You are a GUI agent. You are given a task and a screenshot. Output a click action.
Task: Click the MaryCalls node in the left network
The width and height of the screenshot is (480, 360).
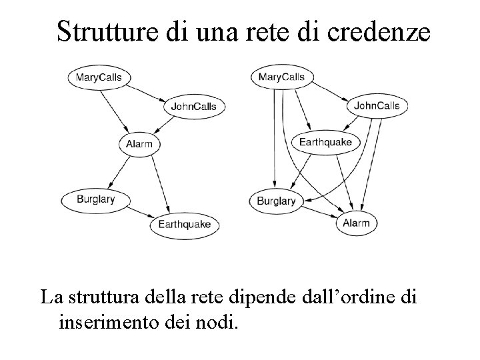pos(99,77)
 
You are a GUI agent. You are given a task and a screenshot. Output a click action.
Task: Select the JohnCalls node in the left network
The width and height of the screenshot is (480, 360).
pos(194,107)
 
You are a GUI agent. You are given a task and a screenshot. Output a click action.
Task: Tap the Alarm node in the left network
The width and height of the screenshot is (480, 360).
pos(139,144)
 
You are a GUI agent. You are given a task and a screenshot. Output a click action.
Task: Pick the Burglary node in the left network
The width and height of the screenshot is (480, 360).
pos(95,199)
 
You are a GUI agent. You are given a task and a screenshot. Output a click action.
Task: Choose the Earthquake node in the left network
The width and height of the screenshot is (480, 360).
pos(184,224)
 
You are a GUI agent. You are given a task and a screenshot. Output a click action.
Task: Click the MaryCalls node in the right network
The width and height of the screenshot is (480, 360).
pos(281,77)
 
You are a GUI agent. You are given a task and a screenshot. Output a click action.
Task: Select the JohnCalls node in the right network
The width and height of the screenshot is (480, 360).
pos(377,105)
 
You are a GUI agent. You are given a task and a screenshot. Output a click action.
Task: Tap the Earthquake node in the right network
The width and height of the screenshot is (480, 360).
pos(325,142)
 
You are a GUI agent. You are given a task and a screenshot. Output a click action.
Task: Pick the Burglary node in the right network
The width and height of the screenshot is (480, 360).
pos(276,200)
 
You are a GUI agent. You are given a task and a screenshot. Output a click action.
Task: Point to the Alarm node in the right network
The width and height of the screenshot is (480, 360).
pos(356,223)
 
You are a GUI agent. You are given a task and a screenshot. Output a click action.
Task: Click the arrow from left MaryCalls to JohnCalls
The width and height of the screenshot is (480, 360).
pos(147,92)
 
